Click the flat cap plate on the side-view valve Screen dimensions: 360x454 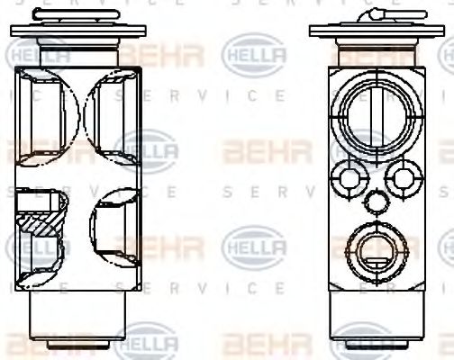(78, 31)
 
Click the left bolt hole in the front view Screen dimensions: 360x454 (345, 177)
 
